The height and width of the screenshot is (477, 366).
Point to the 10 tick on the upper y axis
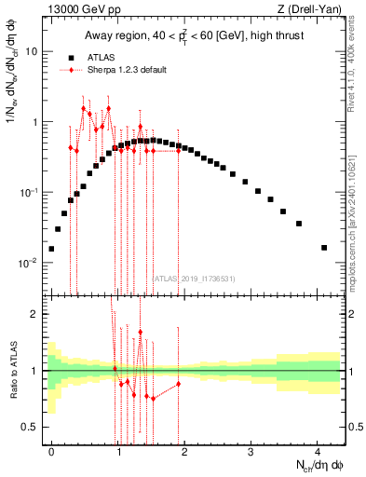point(32,52)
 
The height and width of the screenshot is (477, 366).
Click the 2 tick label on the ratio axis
point(36,314)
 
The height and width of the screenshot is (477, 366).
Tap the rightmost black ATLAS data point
point(324,248)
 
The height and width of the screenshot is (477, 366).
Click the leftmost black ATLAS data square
point(51,249)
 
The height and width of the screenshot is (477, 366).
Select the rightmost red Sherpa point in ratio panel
point(178,384)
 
